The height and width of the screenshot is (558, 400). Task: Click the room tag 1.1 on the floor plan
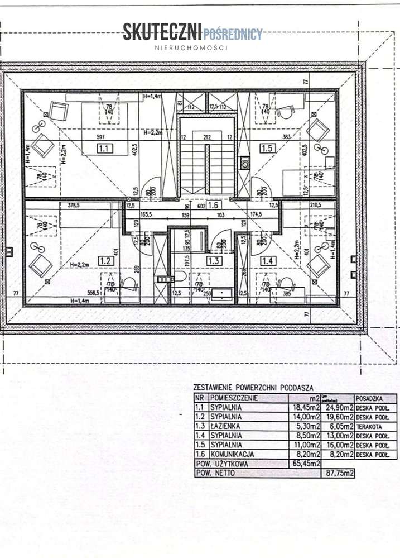[x=104, y=149]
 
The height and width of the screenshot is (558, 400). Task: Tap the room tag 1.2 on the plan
[x=105, y=260]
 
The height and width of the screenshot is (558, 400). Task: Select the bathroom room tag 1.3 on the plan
[x=213, y=260]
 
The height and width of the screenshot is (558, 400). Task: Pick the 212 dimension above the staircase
[x=208, y=136]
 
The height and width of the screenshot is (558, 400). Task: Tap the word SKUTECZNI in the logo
[x=162, y=33]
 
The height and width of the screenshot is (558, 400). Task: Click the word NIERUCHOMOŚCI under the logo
[x=191, y=49]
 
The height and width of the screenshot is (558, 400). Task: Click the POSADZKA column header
[x=368, y=398]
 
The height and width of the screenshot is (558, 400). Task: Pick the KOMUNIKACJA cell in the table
[x=233, y=454]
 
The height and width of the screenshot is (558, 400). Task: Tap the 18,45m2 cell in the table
[x=304, y=408]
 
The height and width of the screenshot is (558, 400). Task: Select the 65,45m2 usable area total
[x=304, y=464]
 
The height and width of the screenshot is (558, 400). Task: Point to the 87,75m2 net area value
[x=340, y=473]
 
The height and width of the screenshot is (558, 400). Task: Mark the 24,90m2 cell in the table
[x=338, y=408]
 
